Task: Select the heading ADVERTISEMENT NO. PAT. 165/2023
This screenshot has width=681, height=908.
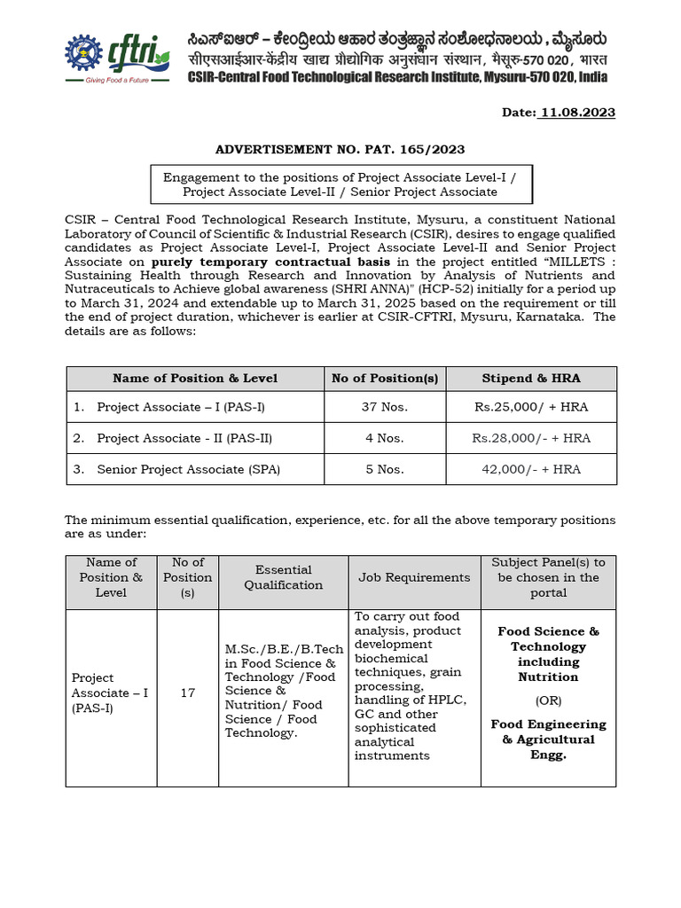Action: (340, 150)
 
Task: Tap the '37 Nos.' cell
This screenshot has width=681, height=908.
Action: (384, 407)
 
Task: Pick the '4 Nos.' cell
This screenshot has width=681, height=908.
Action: (384, 438)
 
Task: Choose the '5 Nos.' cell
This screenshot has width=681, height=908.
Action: (384, 469)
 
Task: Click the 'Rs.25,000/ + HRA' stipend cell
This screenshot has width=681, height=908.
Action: (531, 407)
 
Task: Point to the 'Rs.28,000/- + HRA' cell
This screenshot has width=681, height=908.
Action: (531, 438)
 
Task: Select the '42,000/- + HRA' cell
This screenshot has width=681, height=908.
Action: (531, 469)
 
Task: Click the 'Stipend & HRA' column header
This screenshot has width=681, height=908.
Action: (531, 378)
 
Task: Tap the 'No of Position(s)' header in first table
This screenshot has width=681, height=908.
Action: (385, 378)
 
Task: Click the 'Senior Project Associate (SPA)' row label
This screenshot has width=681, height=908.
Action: (188, 469)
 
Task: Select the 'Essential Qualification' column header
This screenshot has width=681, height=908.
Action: (284, 577)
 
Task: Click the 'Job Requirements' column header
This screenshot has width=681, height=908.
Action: (414, 577)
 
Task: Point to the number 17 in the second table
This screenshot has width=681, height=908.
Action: (187, 693)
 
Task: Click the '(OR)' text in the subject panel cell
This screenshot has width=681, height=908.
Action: (548, 701)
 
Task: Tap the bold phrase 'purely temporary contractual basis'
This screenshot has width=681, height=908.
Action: (270, 262)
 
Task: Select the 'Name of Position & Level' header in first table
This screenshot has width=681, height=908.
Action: (195, 378)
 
